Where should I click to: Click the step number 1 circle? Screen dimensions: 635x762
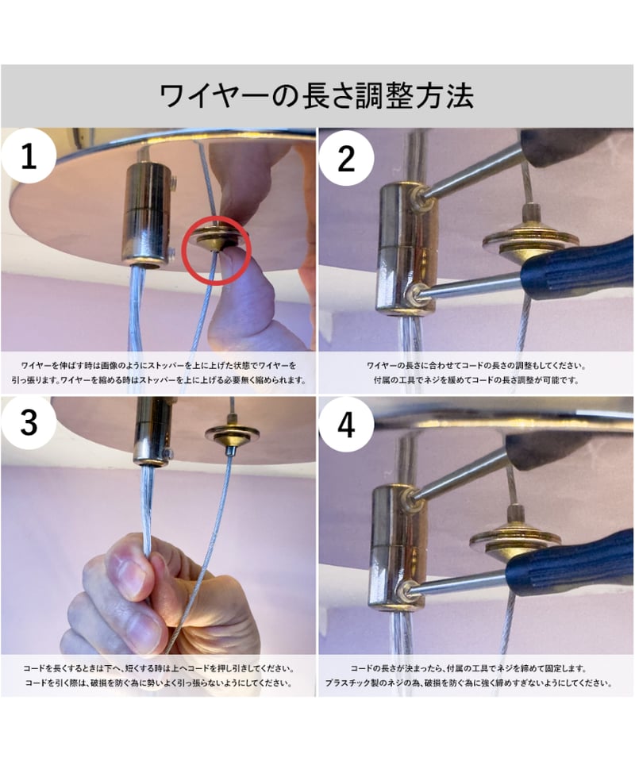coord(29,156)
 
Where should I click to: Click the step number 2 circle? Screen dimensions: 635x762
coord(346,159)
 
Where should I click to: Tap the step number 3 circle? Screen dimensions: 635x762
coord(29,423)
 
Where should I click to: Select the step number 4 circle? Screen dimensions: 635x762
coord(346,425)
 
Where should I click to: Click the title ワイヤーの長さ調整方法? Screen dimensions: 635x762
coord(317,95)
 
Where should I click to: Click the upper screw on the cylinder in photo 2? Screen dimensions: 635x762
coord(419,198)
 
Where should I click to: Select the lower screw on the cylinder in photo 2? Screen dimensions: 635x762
coord(414,294)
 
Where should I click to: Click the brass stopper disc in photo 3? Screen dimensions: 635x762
coord(232,433)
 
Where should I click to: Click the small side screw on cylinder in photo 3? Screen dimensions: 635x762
coord(168,453)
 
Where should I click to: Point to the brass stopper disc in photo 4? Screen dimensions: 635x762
coord(515,540)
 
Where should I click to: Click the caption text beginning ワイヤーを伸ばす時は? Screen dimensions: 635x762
coord(159,372)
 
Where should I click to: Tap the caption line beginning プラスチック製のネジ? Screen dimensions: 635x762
coord(468,683)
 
